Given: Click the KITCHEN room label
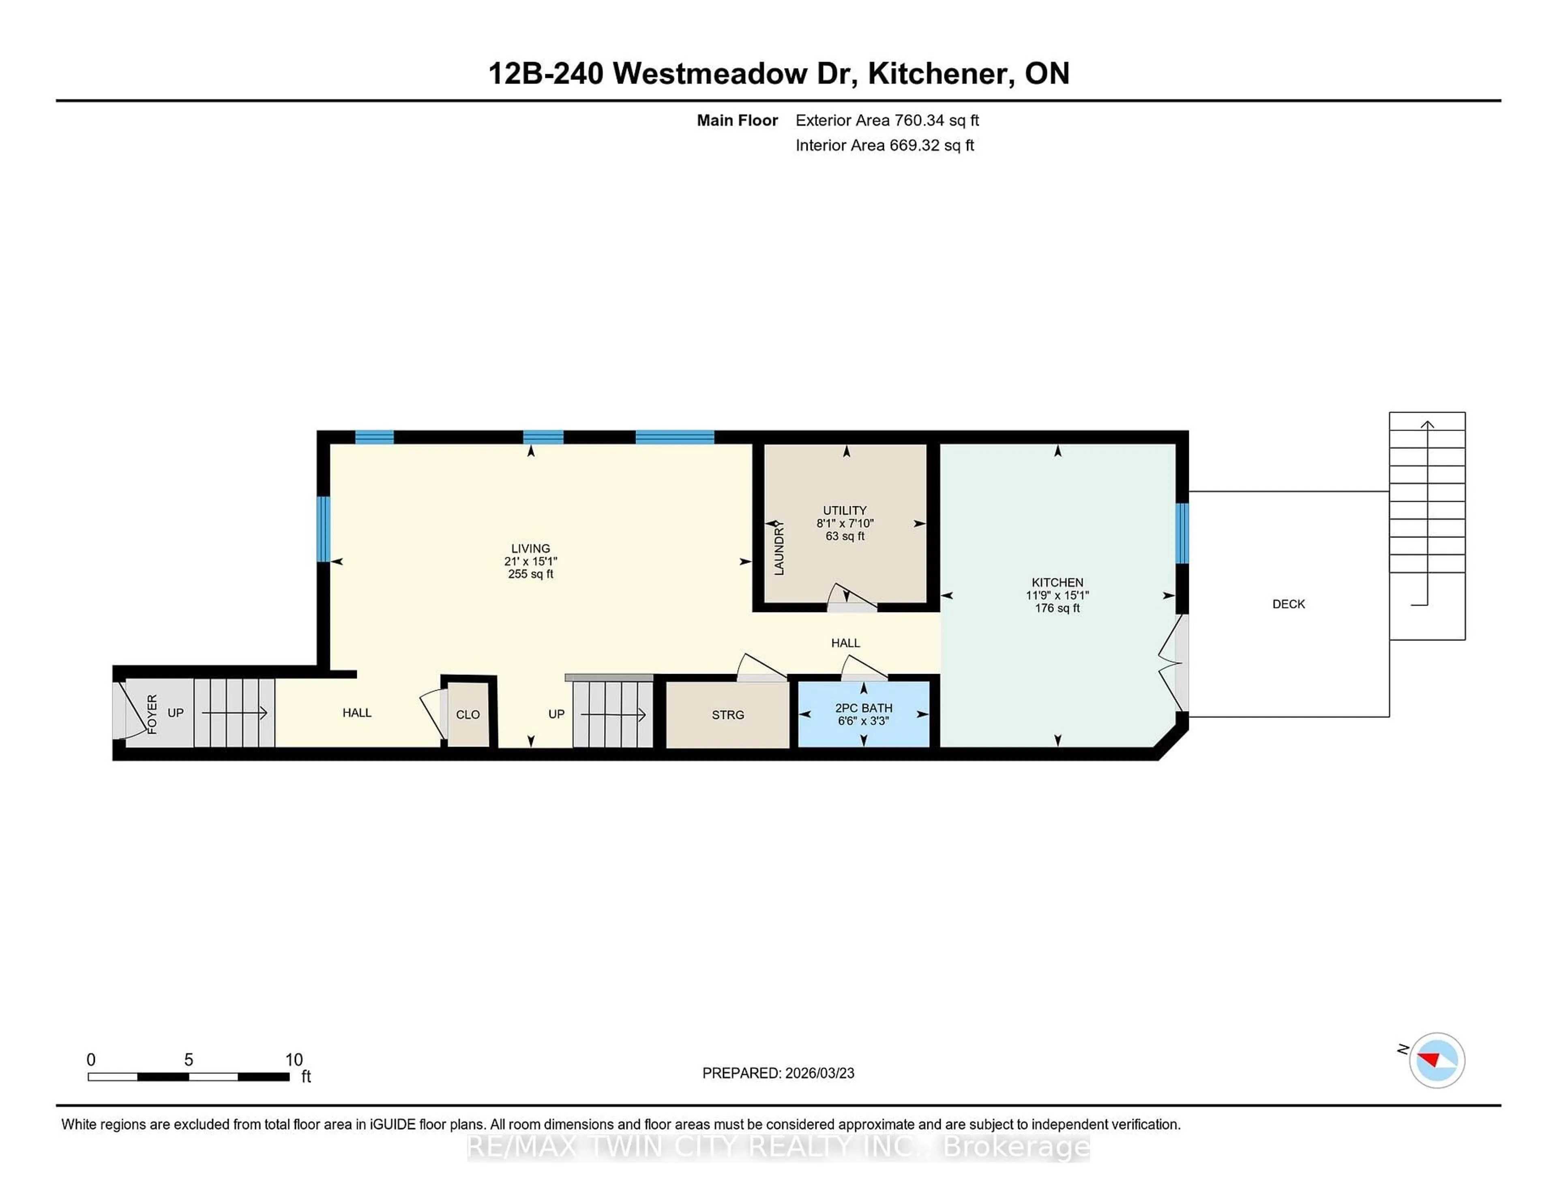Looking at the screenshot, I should click(x=1057, y=582).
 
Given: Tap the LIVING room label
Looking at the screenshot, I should click(x=530, y=548).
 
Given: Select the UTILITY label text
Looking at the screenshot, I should click(x=845, y=510).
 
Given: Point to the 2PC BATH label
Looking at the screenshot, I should click(x=863, y=708).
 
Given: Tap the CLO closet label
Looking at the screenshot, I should click(x=468, y=715).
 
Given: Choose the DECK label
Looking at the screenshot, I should click(x=1288, y=604).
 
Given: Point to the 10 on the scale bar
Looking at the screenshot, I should click(x=294, y=1060).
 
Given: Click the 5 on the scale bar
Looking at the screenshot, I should click(x=188, y=1060).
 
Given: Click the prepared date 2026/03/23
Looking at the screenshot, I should click(x=818, y=1073).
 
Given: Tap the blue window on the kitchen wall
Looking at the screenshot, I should click(x=1182, y=533).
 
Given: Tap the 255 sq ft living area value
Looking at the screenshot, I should click(x=530, y=574).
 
